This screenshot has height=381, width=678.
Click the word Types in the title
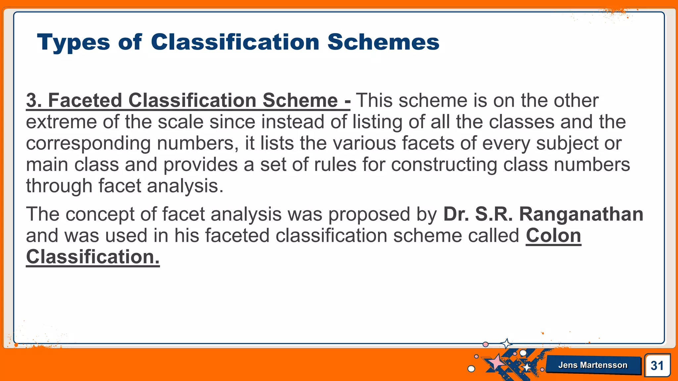pyautogui.click(x=73, y=42)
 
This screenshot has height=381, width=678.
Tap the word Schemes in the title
pyautogui.click(x=383, y=42)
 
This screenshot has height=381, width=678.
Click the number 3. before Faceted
pyautogui.click(x=34, y=100)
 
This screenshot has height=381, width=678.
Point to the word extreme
pyautogui.click(x=61, y=122)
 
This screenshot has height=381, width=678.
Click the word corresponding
pyautogui.click(x=88, y=144)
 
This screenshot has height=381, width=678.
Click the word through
pyautogui.click(x=59, y=186)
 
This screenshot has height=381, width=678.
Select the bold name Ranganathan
pyautogui.click(x=581, y=214)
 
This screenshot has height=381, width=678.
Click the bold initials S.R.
pyautogui.click(x=494, y=214)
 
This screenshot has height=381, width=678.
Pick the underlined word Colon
pyautogui.click(x=553, y=235)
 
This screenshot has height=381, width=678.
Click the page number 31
pyautogui.click(x=657, y=365)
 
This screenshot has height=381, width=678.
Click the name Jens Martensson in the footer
pyautogui.click(x=593, y=365)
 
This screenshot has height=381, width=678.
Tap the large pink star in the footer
pyautogui.click(x=496, y=362)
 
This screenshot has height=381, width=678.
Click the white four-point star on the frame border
pyautogui.click(x=506, y=344)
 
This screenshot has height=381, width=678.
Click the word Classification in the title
pyautogui.click(x=235, y=42)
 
